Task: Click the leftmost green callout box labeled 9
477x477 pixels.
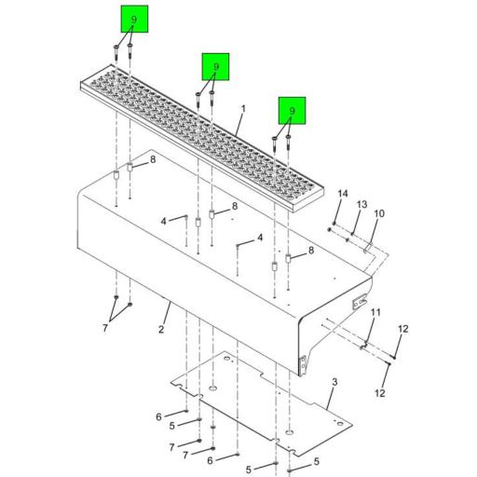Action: tap(133, 20)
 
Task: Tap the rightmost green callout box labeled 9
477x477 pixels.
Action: tap(291, 112)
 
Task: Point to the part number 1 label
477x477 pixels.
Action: tap(242, 109)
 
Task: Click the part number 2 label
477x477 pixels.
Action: tap(160, 330)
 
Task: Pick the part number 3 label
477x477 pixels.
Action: tap(334, 381)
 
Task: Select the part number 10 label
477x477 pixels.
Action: tap(379, 214)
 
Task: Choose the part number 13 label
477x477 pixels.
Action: tap(362, 204)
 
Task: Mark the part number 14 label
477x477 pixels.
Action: tap(342, 193)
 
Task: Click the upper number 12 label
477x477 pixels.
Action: tap(403, 329)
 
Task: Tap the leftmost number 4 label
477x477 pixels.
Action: tap(162, 221)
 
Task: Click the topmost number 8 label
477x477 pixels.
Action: tap(154, 159)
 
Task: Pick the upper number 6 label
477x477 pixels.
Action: tap(158, 416)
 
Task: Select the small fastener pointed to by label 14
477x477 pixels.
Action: tap(331, 226)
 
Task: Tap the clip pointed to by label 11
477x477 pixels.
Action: tap(364, 346)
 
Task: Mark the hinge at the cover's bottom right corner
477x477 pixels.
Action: tap(303, 363)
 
